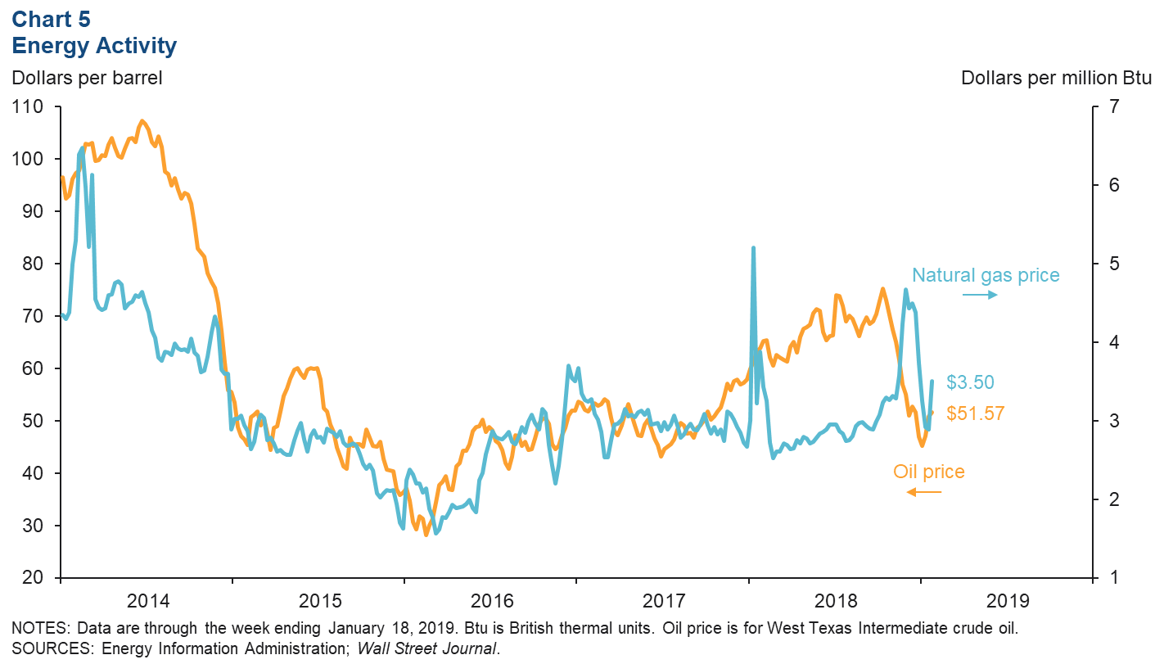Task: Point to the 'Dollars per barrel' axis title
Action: [86, 79]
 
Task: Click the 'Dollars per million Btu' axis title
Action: [1056, 79]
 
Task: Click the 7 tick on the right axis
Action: [1114, 106]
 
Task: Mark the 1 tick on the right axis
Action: [1114, 578]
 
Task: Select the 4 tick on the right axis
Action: [1114, 342]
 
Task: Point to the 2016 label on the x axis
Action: [491, 602]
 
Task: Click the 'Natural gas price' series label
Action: [986, 275]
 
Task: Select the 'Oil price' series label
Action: [928, 472]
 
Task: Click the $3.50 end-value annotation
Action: [971, 382]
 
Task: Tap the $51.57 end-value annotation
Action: [975, 413]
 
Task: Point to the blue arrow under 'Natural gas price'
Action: [979, 295]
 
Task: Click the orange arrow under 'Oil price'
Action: [923, 491]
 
